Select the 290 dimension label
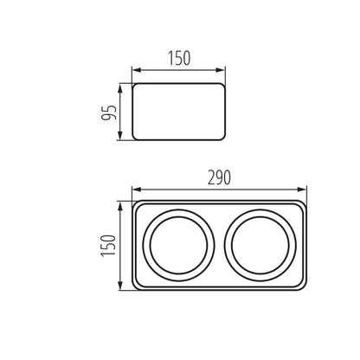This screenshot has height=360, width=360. (x=220, y=178)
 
